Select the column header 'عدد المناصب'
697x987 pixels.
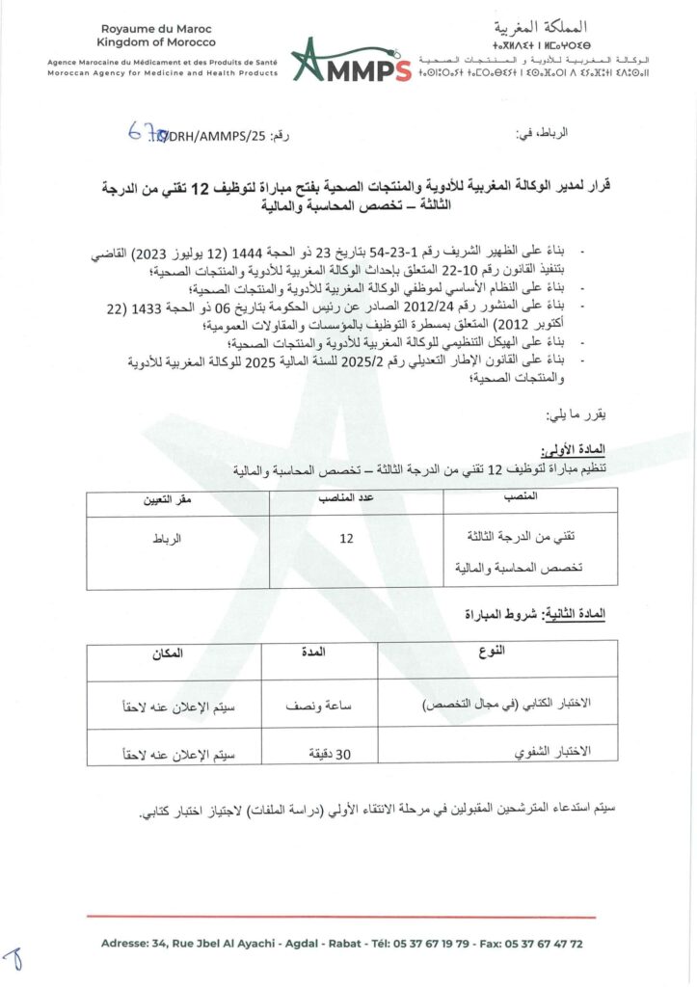(347, 498)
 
